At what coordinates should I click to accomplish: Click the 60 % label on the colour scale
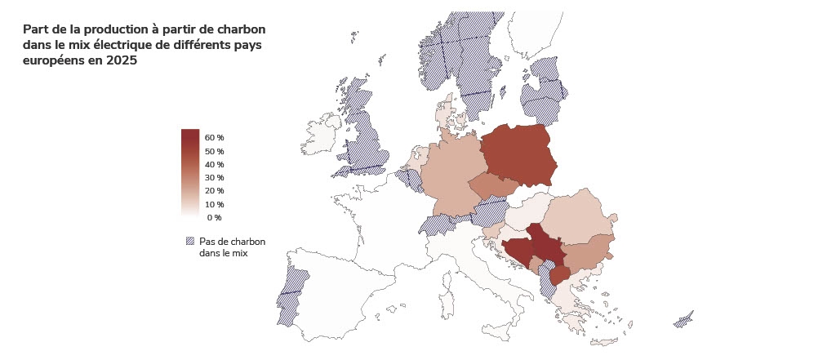tap(215, 138)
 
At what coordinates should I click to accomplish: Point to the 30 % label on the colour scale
tap(215, 178)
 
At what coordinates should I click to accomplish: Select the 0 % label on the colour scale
tap(214, 218)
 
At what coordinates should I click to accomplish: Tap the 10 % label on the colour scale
tap(215, 205)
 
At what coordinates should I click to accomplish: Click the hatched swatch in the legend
tap(190, 242)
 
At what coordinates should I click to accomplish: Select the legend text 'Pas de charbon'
tap(232, 242)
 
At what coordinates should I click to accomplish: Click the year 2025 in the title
tap(122, 60)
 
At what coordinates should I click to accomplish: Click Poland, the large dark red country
tap(518, 155)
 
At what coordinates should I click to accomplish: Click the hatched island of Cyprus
tap(683, 319)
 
